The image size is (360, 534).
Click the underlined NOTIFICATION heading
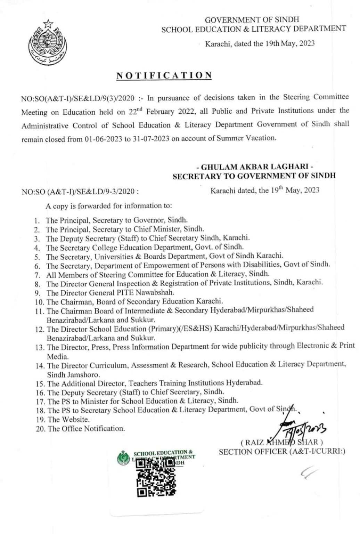(164, 75)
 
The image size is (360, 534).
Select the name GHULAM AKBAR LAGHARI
(254, 167)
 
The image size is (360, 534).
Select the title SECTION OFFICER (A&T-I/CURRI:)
(282, 452)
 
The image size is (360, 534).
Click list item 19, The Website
(68, 420)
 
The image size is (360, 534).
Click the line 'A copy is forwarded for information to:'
(109, 206)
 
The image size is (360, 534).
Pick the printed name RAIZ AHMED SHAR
(282, 443)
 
